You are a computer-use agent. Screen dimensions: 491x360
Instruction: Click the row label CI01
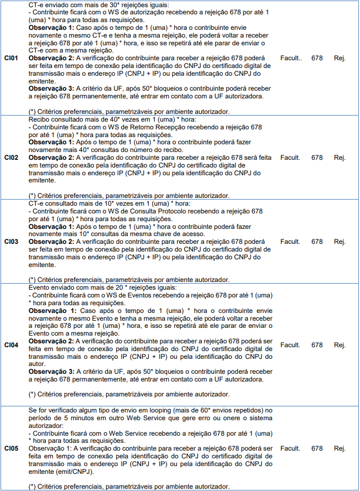[x=11, y=58]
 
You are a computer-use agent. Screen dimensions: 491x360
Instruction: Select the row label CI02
[x=11, y=158]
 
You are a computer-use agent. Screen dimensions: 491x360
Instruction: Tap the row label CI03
[x=11, y=242]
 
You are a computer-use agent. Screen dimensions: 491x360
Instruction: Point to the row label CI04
[x=11, y=345]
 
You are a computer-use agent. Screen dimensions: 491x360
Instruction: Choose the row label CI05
[x=11, y=448]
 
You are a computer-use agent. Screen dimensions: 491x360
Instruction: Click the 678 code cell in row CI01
[x=317, y=58]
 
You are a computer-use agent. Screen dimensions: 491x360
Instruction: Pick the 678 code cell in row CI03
[x=317, y=242]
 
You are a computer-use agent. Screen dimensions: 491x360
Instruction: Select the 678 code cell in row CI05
[x=317, y=448]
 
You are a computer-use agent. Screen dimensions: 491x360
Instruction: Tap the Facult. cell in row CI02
[x=290, y=158]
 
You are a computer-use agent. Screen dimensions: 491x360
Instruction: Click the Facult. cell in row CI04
[x=290, y=345]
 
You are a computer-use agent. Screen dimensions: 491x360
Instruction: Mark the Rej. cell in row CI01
[x=340, y=58]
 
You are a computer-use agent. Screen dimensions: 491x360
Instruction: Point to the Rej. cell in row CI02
[x=340, y=158]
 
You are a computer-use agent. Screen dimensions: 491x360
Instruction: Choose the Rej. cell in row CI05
[x=340, y=448]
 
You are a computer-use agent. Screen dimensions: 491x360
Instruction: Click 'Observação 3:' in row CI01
[x=50, y=88]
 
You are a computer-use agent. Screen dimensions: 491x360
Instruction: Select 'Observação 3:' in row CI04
[x=50, y=372]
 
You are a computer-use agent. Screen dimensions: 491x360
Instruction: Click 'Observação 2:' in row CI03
[x=50, y=242]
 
